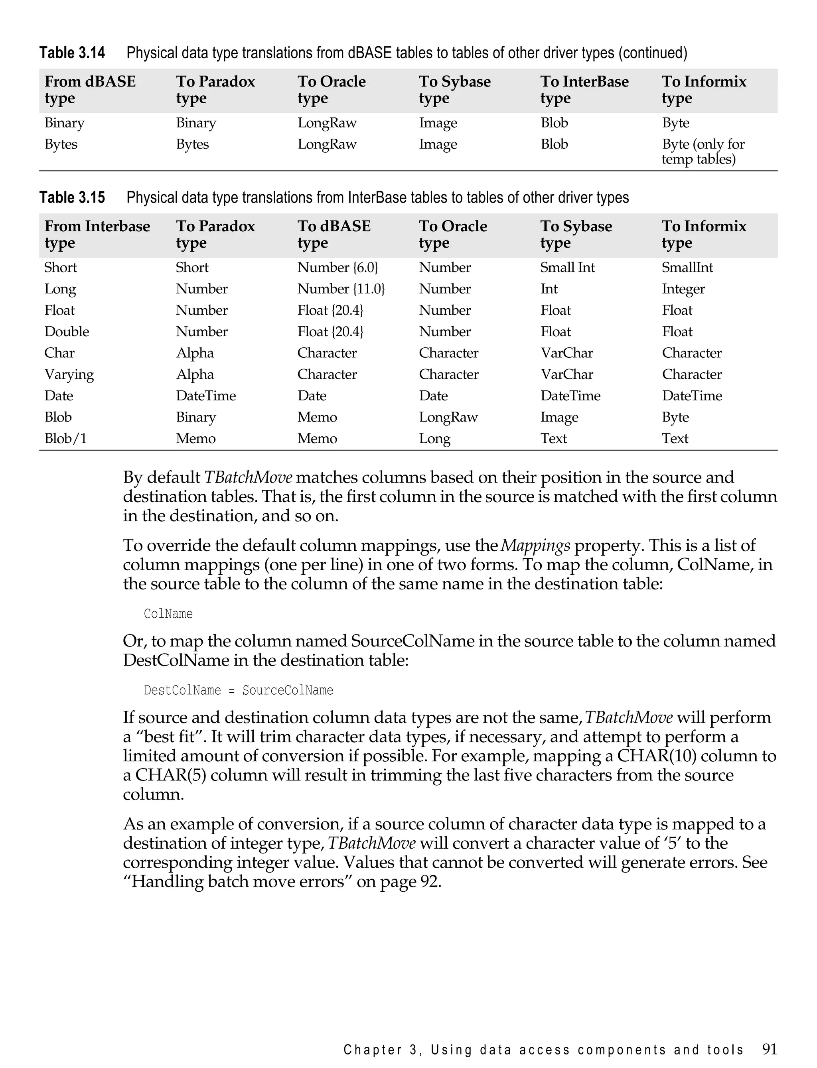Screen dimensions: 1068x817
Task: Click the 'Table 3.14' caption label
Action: click(72, 53)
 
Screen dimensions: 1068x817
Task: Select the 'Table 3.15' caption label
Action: click(72, 197)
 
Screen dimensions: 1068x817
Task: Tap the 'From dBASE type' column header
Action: click(90, 89)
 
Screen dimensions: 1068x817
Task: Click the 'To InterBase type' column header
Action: click(584, 89)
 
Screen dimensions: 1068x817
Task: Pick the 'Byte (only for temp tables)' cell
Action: click(703, 151)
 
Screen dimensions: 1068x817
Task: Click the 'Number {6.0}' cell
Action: click(337, 267)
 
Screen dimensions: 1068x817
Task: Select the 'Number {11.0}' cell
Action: click(341, 289)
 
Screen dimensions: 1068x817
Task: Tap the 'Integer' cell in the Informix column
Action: click(683, 289)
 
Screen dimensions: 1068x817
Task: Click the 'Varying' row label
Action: click(69, 374)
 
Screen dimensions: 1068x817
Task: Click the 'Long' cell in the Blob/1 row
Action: click(435, 438)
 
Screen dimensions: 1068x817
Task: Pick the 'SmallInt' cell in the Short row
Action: click(687, 267)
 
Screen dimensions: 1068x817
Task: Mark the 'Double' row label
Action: click(67, 331)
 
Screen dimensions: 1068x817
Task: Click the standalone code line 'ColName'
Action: click(168, 614)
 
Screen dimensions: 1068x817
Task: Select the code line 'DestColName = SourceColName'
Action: click(238, 690)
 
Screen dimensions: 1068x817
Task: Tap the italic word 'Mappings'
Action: click(535, 546)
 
